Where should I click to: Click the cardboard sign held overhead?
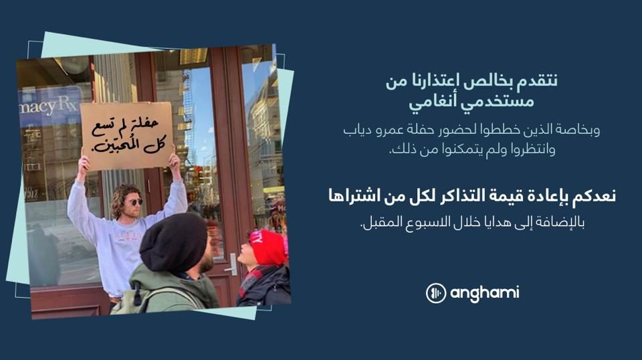[x=126, y=137]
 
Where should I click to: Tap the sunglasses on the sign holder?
[x=134, y=202]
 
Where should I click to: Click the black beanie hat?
[x=173, y=242]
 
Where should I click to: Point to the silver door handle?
[x=232, y=264]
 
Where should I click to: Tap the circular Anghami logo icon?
[x=435, y=293]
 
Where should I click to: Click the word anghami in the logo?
[x=484, y=293]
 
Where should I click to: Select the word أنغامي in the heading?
[x=433, y=102]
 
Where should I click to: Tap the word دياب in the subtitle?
[x=357, y=131]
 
